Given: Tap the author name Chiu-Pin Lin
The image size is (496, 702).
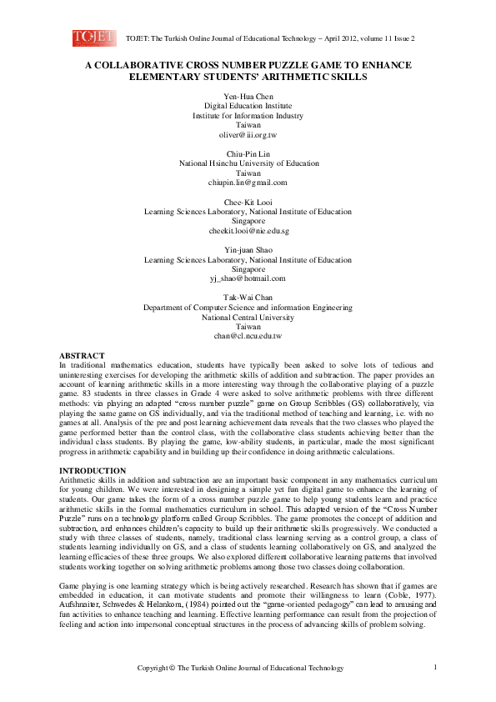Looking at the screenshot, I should (248, 154).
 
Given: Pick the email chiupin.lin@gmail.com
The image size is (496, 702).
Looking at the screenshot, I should (248, 182).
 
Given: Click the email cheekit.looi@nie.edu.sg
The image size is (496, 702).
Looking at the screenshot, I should (248, 230).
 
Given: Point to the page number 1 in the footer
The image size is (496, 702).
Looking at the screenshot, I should (435, 667).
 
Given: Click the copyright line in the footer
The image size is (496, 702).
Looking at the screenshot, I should (240, 668).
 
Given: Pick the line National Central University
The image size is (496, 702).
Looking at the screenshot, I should (248, 317).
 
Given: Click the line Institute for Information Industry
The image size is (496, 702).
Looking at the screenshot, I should (248, 117).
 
